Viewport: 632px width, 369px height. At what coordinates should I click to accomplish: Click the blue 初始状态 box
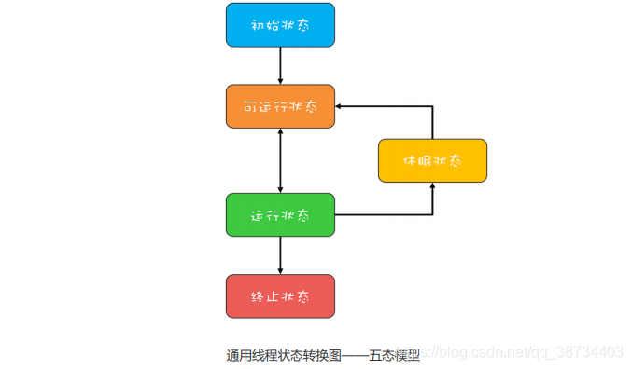(x=280, y=25)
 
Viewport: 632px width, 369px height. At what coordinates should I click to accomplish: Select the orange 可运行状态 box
(x=280, y=106)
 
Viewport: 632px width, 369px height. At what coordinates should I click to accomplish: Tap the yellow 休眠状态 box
(x=432, y=160)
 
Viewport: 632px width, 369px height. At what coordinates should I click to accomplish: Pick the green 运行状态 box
(x=280, y=214)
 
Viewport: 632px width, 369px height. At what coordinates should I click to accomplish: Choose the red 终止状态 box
(x=280, y=296)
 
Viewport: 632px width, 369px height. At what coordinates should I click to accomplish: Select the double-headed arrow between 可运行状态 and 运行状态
(x=280, y=160)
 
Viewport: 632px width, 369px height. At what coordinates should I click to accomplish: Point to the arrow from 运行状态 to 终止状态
(x=280, y=253)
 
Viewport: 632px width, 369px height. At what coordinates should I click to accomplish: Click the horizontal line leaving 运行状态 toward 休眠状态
(x=383, y=214)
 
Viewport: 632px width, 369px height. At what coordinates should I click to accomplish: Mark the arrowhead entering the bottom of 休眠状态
(x=432, y=186)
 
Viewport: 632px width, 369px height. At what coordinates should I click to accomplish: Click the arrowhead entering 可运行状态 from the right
(x=339, y=106)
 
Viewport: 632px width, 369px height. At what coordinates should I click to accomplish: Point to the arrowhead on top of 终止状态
(x=280, y=270)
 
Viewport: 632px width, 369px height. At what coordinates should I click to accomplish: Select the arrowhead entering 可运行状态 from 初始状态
(x=280, y=80)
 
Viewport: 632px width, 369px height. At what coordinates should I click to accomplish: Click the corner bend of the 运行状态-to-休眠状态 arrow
(x=432, y=214)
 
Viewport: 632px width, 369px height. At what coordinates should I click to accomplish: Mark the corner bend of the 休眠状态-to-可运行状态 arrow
(x=432, y=106)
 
